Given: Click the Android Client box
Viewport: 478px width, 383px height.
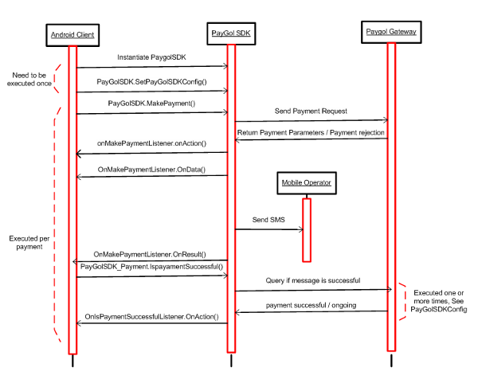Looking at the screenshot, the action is point(72,35).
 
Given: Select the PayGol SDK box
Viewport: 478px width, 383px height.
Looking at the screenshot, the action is point(231,33).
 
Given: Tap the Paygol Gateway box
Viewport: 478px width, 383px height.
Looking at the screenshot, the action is point(391,32).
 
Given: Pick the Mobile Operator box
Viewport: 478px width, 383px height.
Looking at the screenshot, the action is point(307,183).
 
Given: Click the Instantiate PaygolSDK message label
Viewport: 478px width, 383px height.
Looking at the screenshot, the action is point(151,57).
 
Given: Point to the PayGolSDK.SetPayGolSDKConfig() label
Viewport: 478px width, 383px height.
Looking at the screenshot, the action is point(151,82).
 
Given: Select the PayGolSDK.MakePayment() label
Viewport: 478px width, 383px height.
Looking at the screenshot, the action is point(151,104).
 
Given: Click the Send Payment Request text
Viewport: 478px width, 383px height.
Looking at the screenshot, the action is point(311,111).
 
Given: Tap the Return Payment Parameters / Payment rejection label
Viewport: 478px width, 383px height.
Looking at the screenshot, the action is point(311,132).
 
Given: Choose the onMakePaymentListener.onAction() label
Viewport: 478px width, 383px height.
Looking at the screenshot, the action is point(151,143).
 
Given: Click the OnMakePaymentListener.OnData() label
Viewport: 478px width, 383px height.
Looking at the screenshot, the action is point(151,170).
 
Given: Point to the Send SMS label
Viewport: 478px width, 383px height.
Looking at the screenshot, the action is point(268,220).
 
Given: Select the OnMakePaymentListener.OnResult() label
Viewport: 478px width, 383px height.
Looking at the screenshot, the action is point(150,254).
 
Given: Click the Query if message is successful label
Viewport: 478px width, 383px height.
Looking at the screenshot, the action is point(313,280).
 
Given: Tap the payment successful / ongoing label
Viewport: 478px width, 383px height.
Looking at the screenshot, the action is point(311,305).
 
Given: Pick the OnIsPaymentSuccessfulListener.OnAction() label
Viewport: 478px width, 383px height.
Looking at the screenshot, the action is point(151,317).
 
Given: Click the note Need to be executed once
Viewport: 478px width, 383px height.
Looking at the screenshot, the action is point(29,79).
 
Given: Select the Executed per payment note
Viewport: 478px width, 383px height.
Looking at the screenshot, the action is point(29,243).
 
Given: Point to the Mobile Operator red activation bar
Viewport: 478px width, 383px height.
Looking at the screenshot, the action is point(307,230).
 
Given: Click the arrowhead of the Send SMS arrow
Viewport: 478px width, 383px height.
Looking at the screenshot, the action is point(302,229).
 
